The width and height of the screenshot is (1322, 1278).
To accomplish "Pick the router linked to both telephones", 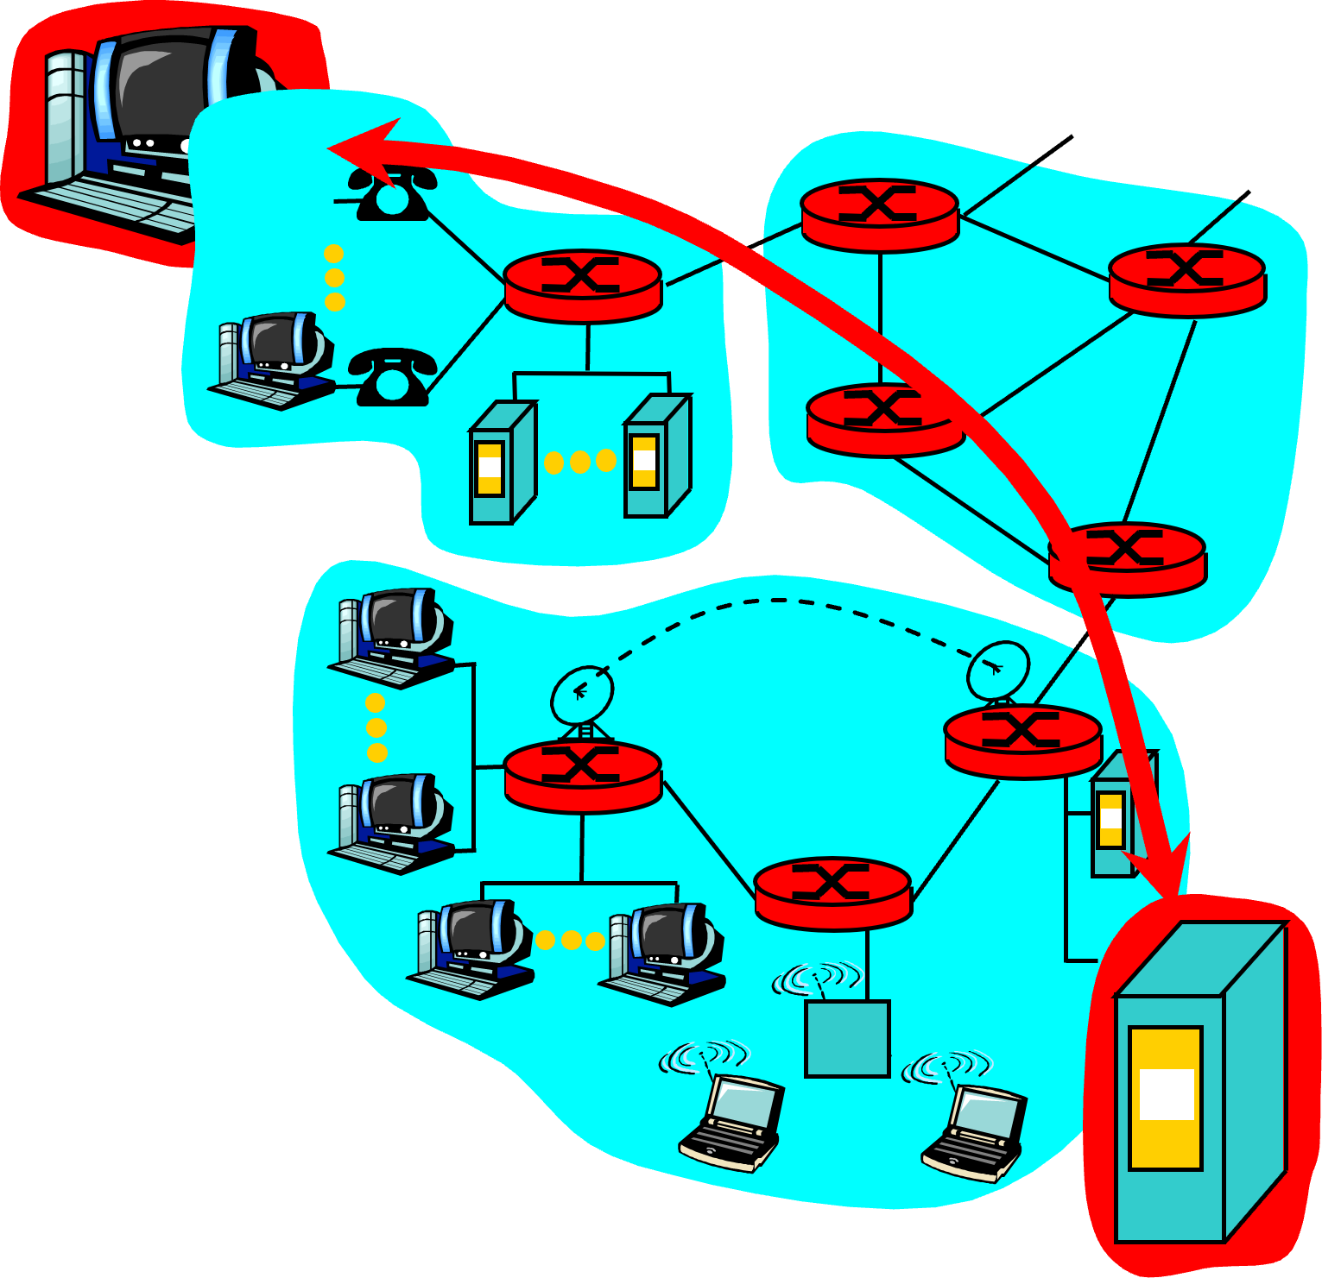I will (x=583, y=286).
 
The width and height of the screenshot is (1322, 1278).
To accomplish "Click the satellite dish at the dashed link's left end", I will (x=582, y=695).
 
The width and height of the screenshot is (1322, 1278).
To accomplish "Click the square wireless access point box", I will (x=847, y=1039).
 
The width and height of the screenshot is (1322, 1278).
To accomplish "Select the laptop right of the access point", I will (x=975, y=1131).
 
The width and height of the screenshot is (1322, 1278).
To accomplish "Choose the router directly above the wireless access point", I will (x=832, y=893).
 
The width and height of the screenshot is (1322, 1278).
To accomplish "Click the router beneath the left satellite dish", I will (x=583, y=776).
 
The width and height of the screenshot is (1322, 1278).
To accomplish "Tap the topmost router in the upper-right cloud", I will (x=879, y=215).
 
